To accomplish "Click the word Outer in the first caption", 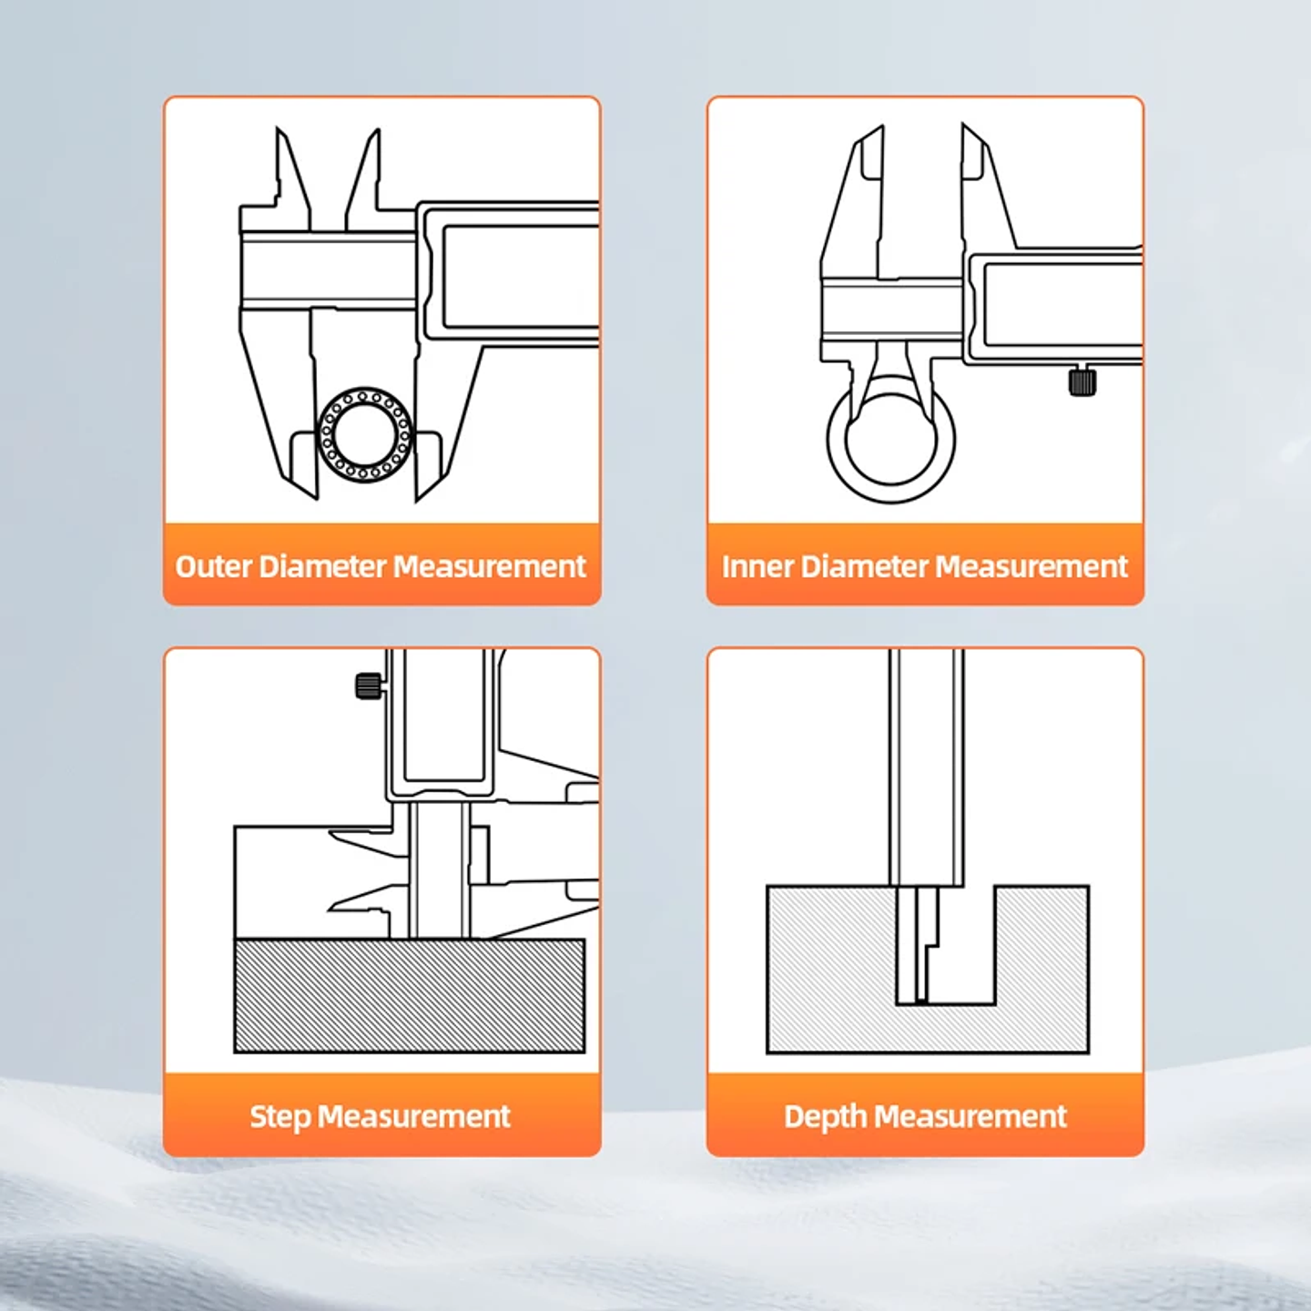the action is point(214,566).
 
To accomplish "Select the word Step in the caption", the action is point(280,1117).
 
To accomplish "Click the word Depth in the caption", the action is point(825,1117).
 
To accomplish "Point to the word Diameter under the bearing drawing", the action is point(322,566).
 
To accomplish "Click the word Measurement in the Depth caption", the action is point(971,1117).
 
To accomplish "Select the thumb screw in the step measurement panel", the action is point(369,686).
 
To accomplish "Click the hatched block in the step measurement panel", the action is point(410,995).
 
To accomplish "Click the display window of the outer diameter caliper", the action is point(521,277).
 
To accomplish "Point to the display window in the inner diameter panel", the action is point(1062,305).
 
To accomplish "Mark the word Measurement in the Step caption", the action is point(413,1117).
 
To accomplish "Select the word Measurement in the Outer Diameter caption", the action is point(490,566).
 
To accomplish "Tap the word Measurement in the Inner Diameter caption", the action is point(1032,566).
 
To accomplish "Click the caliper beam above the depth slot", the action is point(927,767).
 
